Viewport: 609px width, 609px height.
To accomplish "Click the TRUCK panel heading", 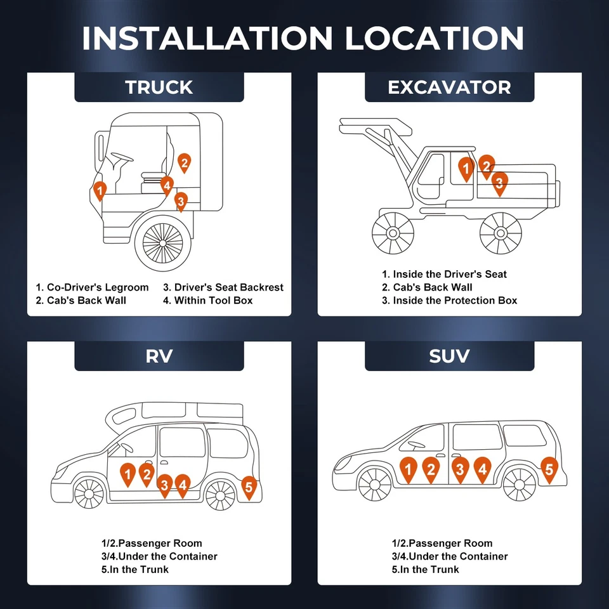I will click(x=159, y=87).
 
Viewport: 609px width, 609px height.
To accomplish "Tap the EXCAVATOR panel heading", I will click(x=449, y=87).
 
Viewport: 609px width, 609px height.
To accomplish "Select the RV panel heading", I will click(x=159, y=356).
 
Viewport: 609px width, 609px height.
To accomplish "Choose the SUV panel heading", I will click(x=449, y=356).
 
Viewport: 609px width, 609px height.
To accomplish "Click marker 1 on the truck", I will click(x=100, y=190).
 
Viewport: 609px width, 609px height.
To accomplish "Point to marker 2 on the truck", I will click(x=184, y=162).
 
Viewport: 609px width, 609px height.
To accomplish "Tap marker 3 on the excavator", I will click(x=499, y=183).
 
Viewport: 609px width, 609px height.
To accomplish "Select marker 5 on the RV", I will click(x=249, y=487).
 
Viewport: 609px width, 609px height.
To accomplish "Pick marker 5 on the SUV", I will click(x=549, y=469).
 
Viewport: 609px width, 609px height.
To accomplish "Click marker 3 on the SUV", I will click(x=461, y=469).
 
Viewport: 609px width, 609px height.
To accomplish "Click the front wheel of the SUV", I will click(x=375, y=485).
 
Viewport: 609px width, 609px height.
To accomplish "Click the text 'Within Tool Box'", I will click(x=213, y=300).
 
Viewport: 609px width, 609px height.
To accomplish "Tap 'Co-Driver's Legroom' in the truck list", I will click(x=97, y=287).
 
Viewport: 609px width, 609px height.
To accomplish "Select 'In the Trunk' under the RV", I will click(x=139, y=569).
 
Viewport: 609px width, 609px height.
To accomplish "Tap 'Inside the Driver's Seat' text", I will click(x=449, y=274).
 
